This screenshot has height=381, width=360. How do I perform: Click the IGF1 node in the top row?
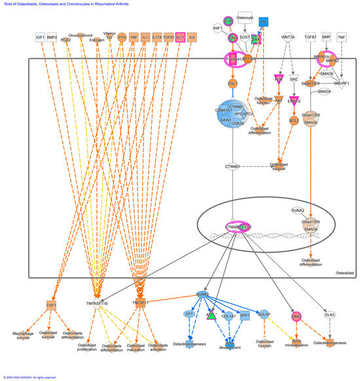click(41, 37)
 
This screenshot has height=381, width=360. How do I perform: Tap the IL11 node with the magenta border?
click(179, 37)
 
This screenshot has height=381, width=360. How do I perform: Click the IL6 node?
click(192, 37)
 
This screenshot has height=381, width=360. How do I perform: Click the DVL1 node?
click(232, 84)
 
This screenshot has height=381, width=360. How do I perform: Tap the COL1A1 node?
click(229, 315)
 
